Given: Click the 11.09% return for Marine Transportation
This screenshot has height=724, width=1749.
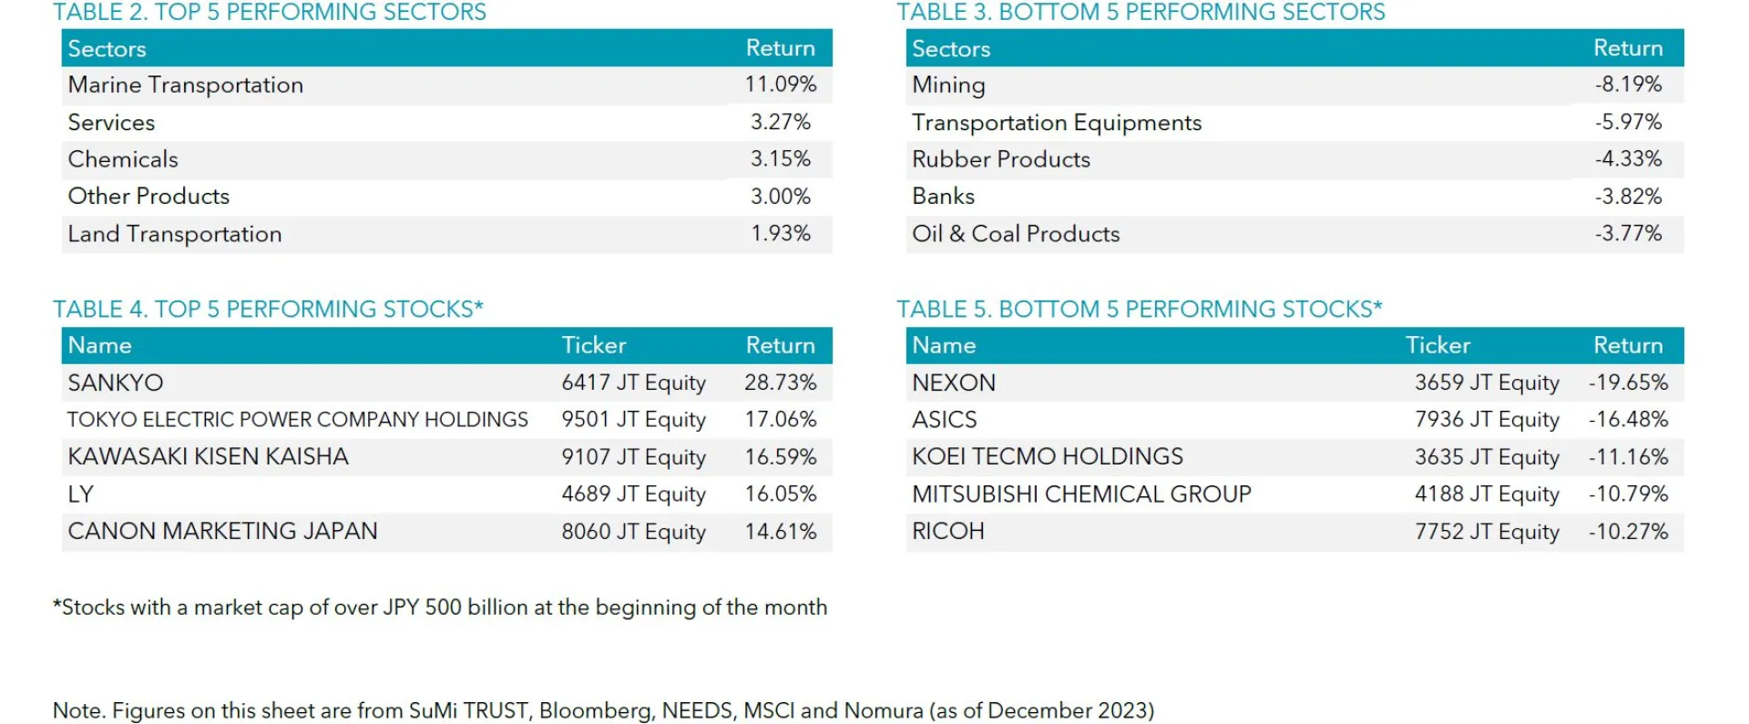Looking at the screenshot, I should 780,85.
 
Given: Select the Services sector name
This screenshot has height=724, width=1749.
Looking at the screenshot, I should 111,122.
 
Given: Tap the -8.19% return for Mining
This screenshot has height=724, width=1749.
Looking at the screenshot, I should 1628,85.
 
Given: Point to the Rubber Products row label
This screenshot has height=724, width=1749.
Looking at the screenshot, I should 1000,159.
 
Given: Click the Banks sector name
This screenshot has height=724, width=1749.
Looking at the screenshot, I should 943,196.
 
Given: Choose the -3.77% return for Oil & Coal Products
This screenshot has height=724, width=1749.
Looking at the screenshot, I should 1628,233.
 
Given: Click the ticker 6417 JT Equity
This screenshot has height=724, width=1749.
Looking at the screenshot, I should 633,382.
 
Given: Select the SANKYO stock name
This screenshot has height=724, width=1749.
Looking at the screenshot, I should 116,382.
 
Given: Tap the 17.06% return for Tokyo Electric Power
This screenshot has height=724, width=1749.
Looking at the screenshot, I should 780,420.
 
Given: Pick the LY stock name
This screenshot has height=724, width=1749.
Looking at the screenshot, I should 80,495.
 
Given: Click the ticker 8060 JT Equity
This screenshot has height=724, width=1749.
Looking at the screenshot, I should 633,532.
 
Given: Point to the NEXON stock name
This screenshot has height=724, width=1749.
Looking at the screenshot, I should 954,382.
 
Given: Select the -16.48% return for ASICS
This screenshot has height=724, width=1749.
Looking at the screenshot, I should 1628,420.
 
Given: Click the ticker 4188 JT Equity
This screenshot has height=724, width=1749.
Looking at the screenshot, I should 1487,495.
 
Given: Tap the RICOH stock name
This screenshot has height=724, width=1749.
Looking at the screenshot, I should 948,532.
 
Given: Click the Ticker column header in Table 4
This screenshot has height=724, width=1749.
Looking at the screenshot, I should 593,345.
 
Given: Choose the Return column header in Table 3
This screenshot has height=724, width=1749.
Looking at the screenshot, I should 1628,47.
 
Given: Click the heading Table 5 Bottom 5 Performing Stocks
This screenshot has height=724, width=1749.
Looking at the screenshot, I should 1139,310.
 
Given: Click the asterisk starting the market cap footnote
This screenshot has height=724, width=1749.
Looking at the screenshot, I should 57,604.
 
